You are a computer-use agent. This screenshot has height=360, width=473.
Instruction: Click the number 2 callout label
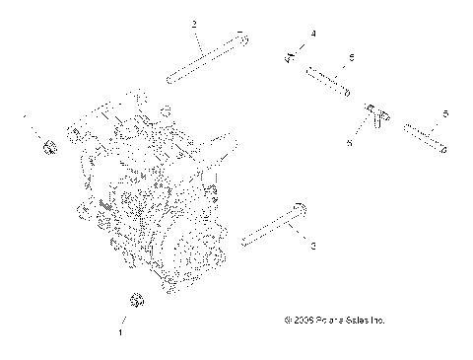click(x=194, y=22)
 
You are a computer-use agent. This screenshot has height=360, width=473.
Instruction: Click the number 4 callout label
click(x=313, y=35)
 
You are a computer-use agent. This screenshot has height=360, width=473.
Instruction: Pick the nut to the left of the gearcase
click(x=48, y=150)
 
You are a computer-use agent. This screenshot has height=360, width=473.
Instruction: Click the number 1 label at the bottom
click(x=120, y=333)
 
